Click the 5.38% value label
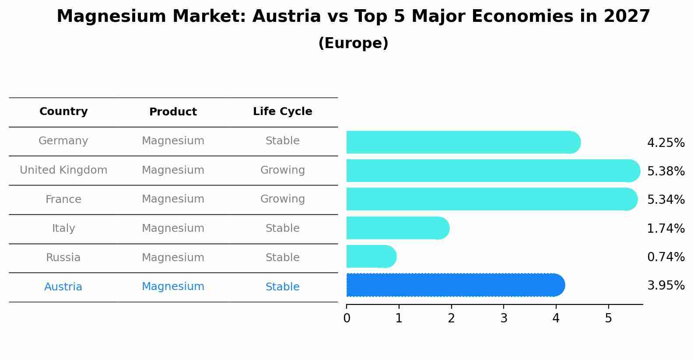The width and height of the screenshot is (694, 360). click(x=666, y=171)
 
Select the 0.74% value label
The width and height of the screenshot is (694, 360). click(x=666, y=257)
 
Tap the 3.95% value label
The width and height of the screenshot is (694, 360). click(x=666, y=286)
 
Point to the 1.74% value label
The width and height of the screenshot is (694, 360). click(x=666, y=229)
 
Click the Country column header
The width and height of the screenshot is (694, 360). click(x=63, y=112)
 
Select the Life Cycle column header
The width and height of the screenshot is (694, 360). click(x=282, y=112)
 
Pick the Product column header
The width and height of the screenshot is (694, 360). click(x=173, y=112)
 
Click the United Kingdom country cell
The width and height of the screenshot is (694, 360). click(x=63, y=170)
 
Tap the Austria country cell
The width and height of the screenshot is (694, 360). click(x=63, y=287)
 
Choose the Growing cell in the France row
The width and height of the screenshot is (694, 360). click(x=282, y=199)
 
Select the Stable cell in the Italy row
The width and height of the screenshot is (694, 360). click(x=282, y=228)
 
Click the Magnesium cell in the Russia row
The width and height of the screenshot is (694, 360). click(x=173, y=258)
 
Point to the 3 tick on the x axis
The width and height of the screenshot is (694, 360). click(x=504, y=318)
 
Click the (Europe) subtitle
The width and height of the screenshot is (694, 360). click(x=353, y=43)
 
